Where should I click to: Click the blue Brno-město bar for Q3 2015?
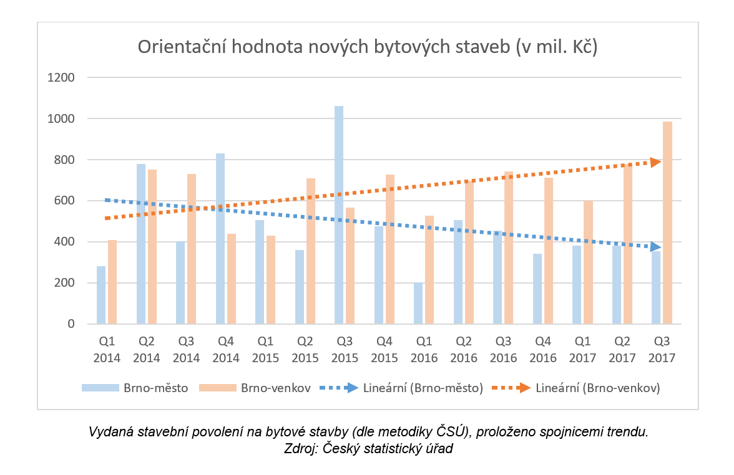coord(339,215)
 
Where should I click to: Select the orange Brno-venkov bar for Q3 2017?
coord(667,223)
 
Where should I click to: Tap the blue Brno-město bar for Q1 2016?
coord(418,303)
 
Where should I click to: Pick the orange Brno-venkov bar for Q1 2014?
coord(112,282)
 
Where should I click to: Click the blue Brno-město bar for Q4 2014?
coord(220,239)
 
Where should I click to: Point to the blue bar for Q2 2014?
coord(141,244)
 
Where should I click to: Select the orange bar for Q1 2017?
coord(588,262)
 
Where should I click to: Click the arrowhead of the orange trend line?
coord(655,162)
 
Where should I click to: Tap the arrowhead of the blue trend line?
coord(655,247)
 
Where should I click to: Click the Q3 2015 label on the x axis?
coord(346,350)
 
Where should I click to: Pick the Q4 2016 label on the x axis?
coord(544,350)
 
